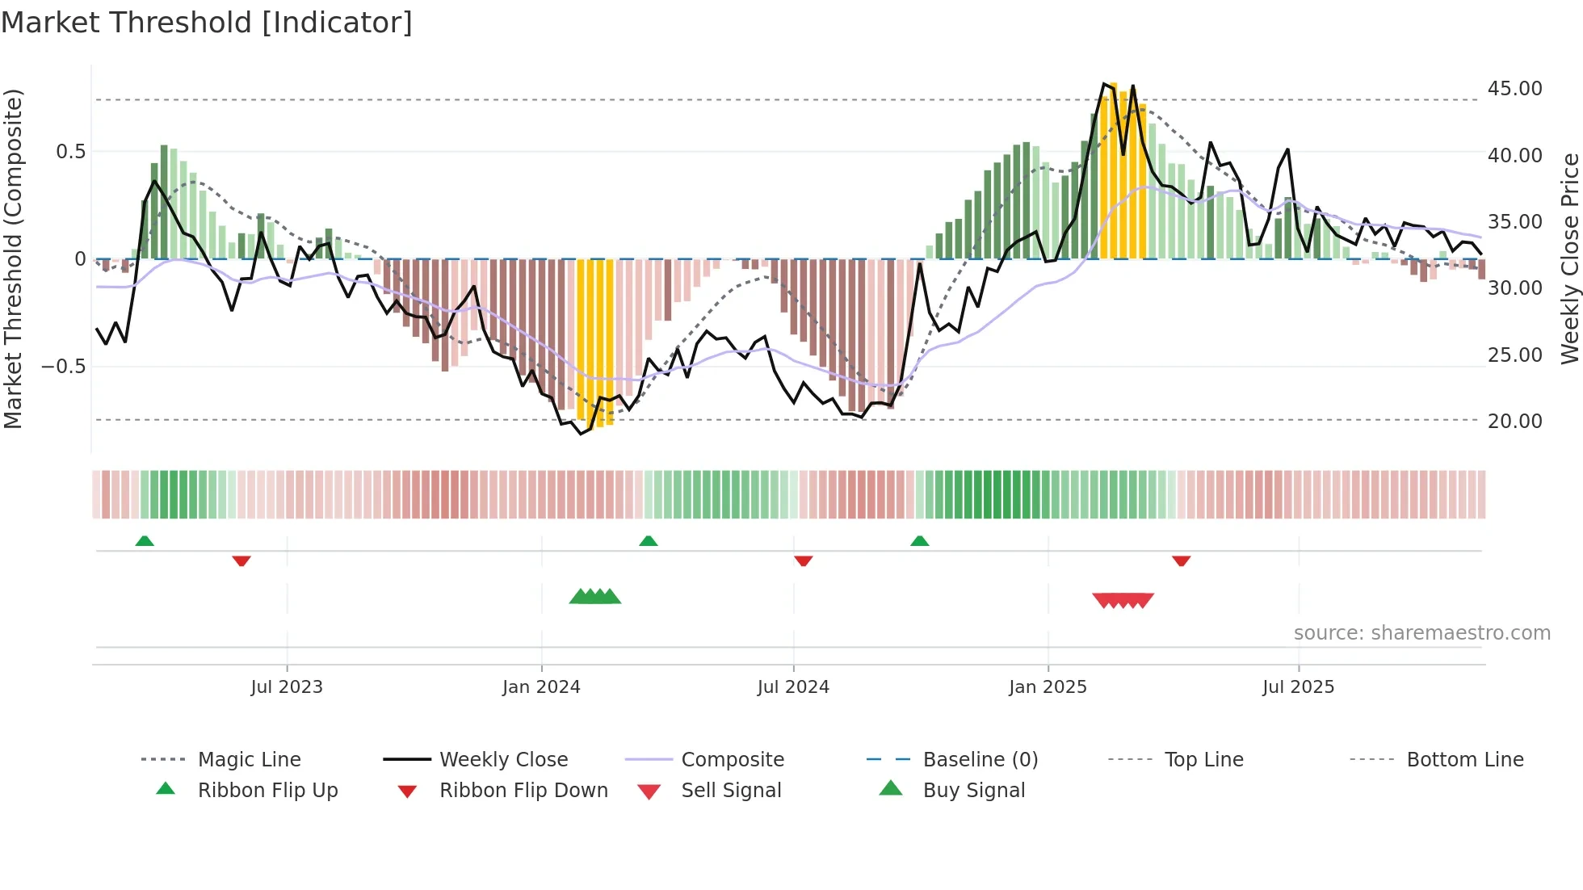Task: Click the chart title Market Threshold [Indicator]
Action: (x=207, y=23)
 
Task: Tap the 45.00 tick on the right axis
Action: (x=1514, y=88)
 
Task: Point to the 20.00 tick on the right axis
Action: (x=1514, y=421)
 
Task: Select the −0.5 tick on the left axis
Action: (x=63, y=367)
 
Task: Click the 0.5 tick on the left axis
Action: (x=70, y=152)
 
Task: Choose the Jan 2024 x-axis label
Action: (x=541, y=687)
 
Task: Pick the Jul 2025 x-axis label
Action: (x=1298, y=687)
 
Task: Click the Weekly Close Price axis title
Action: (x=1569, y=258)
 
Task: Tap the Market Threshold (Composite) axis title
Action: (x=13, y=258)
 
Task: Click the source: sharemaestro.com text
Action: (x=1421, y=633)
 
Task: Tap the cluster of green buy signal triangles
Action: (x=595, y=597)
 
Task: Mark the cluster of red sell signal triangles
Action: (x=1123, y=600)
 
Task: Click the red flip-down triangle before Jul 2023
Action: (x=241, y=560)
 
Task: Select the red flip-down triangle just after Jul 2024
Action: (x=803, y=560)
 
